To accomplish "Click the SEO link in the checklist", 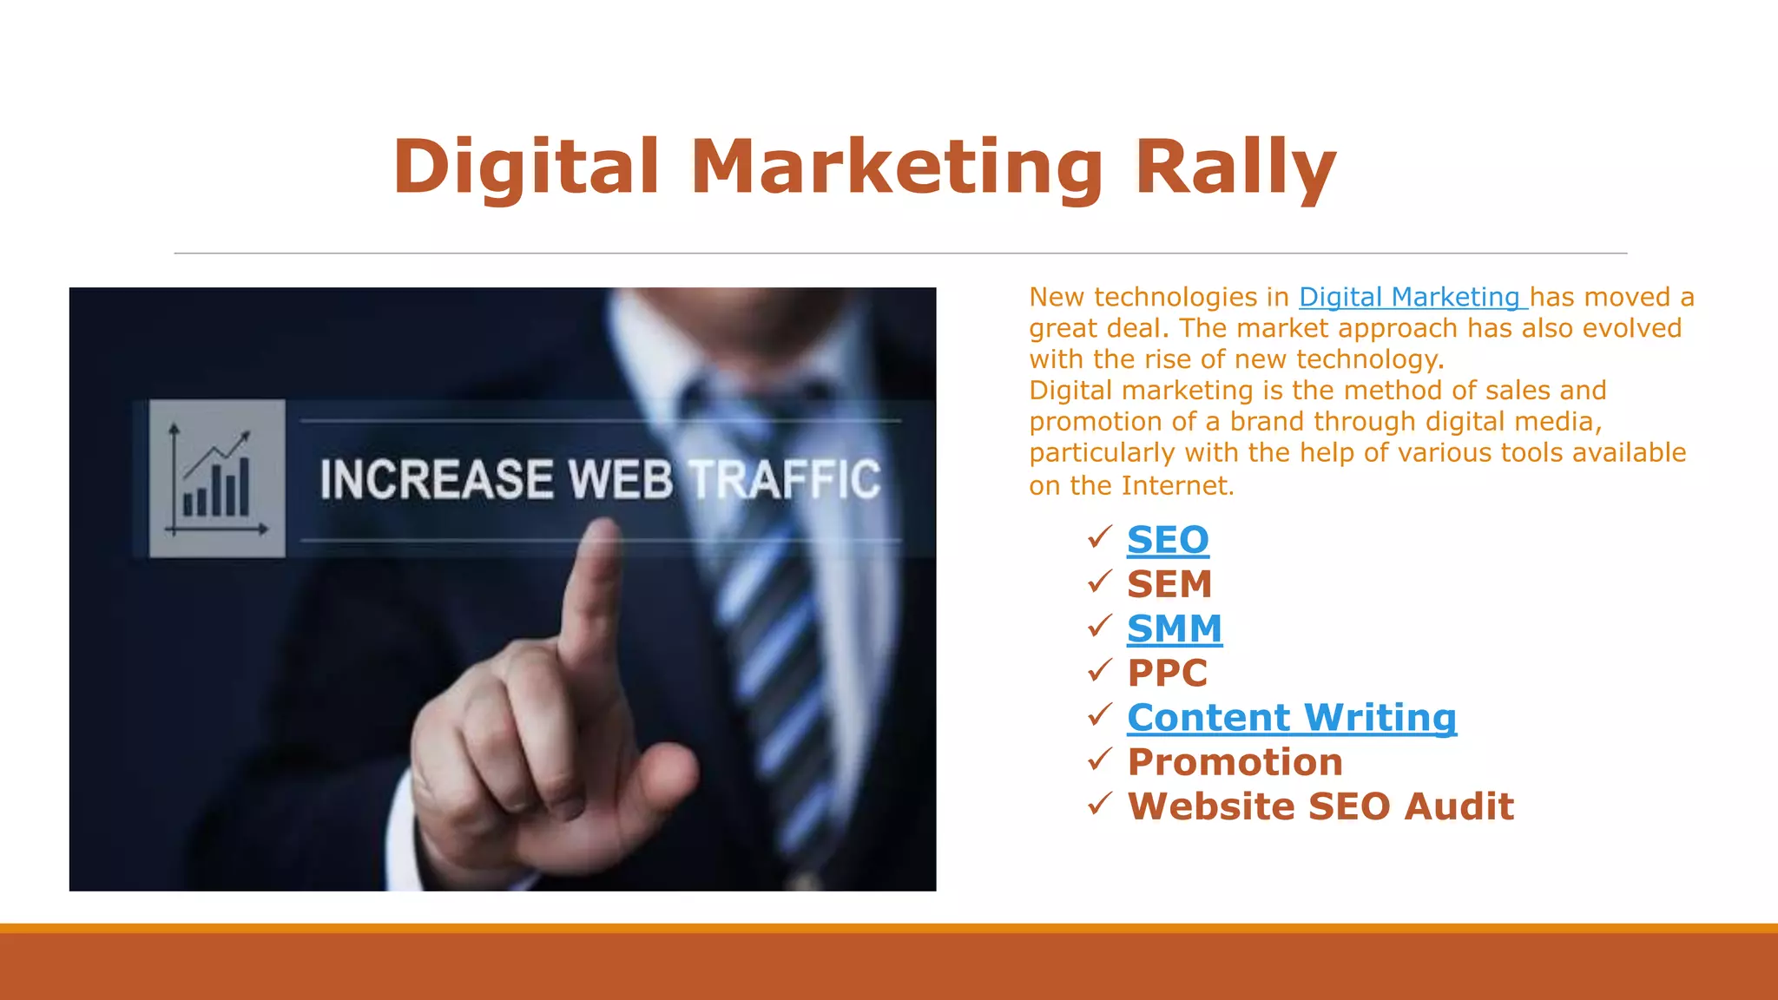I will (x=1168, y=540).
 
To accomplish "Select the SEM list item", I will (x=1169, y=584).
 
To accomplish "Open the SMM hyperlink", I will (x=1174, y=628).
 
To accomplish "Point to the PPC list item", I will (x=1167, y=673).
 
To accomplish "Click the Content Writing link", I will (x=1291, y=718).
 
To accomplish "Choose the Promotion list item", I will (x=1235, y=762).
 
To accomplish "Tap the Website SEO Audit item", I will (x=1320, y=806).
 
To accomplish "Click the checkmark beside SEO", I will (x=1099, y=537).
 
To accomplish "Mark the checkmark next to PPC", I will (x=1099, y=670).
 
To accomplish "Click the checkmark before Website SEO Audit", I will (x=1099, y=804).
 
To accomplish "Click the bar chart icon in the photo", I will (x=217, y=478).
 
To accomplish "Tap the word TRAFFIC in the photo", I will (x=785, y=479).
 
